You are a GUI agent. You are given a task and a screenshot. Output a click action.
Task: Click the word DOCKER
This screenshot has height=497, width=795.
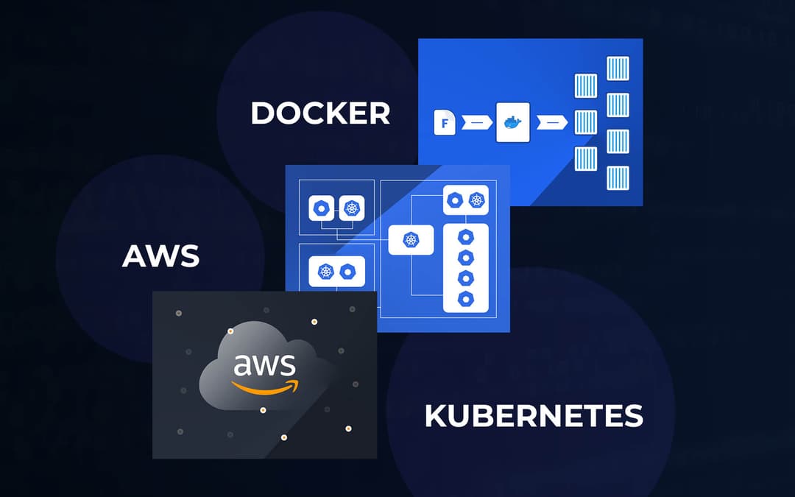click(x=320, y=113)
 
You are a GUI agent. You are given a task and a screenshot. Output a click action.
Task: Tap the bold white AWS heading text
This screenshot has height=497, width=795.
click(x=160, y=255)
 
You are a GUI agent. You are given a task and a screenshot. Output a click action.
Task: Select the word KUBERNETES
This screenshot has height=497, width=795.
click(x=534, y=416)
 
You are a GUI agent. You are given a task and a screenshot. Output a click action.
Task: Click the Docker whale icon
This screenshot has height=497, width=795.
click(x=512, y=122)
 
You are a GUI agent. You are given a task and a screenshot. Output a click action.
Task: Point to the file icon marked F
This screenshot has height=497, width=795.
click(x=446, y=123)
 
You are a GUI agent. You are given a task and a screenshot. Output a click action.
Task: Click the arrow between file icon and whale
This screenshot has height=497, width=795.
click(x=478, y=123)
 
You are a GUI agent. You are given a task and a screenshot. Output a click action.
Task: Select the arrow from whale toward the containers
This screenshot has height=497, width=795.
click(x=552, y=123)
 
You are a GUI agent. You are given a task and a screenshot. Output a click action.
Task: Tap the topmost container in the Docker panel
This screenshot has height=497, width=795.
click(x=617, y=68)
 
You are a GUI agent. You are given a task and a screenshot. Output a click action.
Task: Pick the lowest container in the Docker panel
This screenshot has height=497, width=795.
click(x=617, y=177)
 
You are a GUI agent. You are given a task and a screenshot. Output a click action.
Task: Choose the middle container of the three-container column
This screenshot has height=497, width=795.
click(x=585, y=122)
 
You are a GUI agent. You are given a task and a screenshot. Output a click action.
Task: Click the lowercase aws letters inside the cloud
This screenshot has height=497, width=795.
click(x=264, y=365)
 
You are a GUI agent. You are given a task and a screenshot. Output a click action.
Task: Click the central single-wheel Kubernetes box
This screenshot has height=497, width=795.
click(x=410, y=239)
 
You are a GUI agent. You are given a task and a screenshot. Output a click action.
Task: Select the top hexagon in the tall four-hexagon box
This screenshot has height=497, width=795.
click(x=465, y=238)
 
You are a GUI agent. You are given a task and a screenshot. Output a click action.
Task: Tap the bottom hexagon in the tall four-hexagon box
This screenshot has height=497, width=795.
click(x=465, y=298)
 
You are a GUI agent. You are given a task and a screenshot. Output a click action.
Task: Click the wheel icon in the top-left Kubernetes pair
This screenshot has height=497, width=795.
click(x=352, y=208)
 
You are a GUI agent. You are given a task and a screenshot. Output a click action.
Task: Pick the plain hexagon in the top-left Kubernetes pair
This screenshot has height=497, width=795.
click(x=321, y=208)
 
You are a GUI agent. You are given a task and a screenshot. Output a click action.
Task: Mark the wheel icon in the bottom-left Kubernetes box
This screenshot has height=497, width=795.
click(x=325, y=272)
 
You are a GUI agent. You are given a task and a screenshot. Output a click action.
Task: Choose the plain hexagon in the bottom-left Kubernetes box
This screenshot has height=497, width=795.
click(x=348, y=272)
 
